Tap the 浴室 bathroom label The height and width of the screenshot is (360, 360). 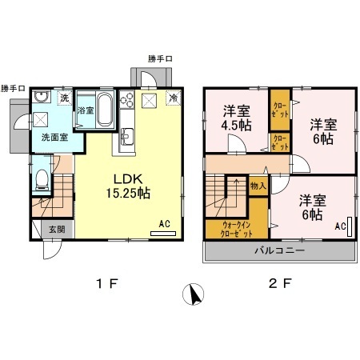86,110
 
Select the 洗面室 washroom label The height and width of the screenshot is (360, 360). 55,137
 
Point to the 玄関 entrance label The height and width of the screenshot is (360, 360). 47,230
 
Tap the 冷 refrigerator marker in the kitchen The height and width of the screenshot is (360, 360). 174,98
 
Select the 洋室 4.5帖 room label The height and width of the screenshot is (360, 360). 237,118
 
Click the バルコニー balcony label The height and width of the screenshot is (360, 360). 282,250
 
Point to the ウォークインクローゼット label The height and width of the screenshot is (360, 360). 238,231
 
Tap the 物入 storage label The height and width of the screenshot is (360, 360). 258,186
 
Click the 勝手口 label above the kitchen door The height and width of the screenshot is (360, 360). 161,58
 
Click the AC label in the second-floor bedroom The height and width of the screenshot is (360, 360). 340,226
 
